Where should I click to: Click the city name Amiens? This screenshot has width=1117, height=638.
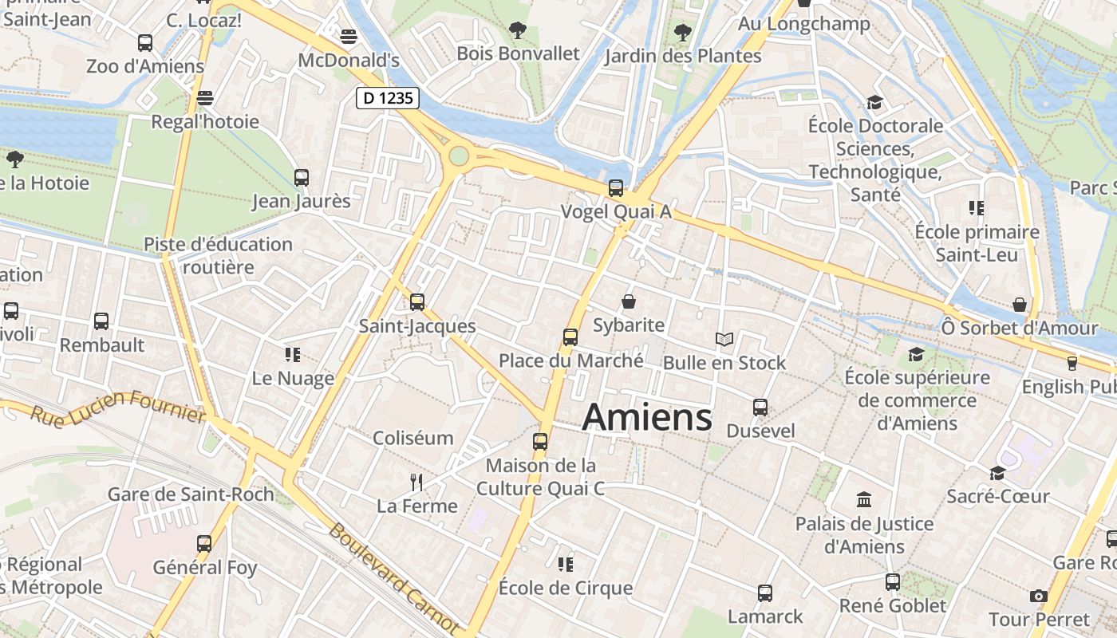(x=647, y=417)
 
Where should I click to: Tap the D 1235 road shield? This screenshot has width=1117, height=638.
(x=387, y=98)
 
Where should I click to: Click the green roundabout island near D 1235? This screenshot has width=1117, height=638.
(x=458, y=155)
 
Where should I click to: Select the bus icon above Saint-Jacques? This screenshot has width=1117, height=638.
(x=417, y=302)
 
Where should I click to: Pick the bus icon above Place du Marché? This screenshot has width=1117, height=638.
(x=570, y=337)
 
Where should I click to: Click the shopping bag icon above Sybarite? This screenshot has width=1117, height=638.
(x=629, y=301)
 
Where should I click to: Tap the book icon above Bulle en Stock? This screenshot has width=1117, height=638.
(x=724, y=340)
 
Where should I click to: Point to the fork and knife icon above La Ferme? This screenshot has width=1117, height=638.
(x=416, y=482)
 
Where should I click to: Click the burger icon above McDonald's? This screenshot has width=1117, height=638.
(x=349, y=37)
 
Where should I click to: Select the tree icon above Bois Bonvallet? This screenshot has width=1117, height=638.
(x=518, y=30)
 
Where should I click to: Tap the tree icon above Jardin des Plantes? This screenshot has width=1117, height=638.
(x=682, y=33)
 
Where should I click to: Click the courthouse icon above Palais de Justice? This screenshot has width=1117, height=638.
(x=864, y=500)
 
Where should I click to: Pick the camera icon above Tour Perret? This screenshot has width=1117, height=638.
(x=1038, y=596)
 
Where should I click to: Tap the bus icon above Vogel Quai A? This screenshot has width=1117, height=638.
(x=616, y=188)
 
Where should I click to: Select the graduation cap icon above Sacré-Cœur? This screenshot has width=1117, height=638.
(x=997, y=474)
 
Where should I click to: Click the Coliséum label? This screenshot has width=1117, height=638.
(x=413, y=438)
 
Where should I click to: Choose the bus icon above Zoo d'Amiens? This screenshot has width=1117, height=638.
(x=145, y=43)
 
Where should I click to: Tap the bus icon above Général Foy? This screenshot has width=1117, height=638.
(x=204, y=544)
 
